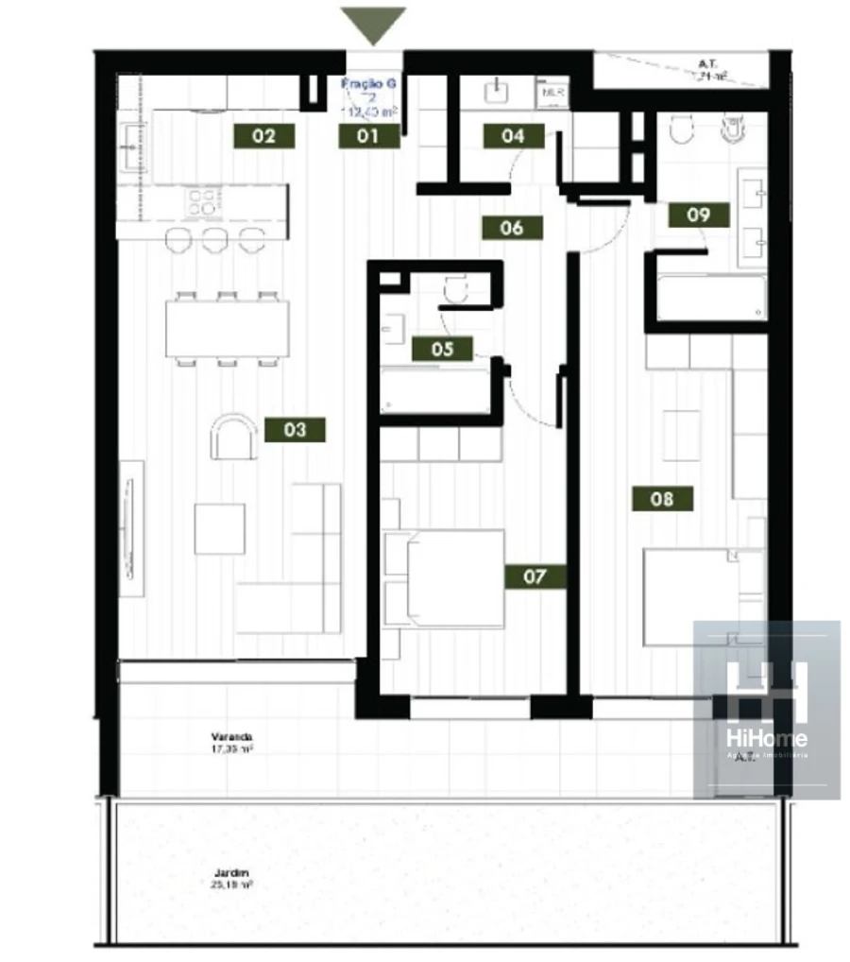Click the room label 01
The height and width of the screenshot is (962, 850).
pyautogui.click(x=367, y=136)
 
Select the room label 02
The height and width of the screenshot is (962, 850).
pyautogui.click(x=264, y=136)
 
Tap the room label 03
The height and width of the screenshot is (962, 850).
pyautogui.click(x=295, y=429)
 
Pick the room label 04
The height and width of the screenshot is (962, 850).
pyautogui.click(x=513, y=136)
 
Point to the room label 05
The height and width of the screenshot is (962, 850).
pyautogui.click(x=443, y=349)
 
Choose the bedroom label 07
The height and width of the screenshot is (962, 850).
pyautogui.click(x=535, y=575)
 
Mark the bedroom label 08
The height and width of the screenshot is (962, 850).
pyautogui.click(x=662, y=498)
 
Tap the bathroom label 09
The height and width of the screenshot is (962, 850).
pyautogui.click(x=698, y=215)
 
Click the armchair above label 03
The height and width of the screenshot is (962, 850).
pyautogui.click(x=233, y=438)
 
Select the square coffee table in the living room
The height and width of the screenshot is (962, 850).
pyautogui.click(x=220, y=528)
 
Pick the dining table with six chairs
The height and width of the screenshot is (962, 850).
pyautogui.click(x=228, y=329)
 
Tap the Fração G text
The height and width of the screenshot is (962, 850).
pyautogui.click(x=368, y=84)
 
